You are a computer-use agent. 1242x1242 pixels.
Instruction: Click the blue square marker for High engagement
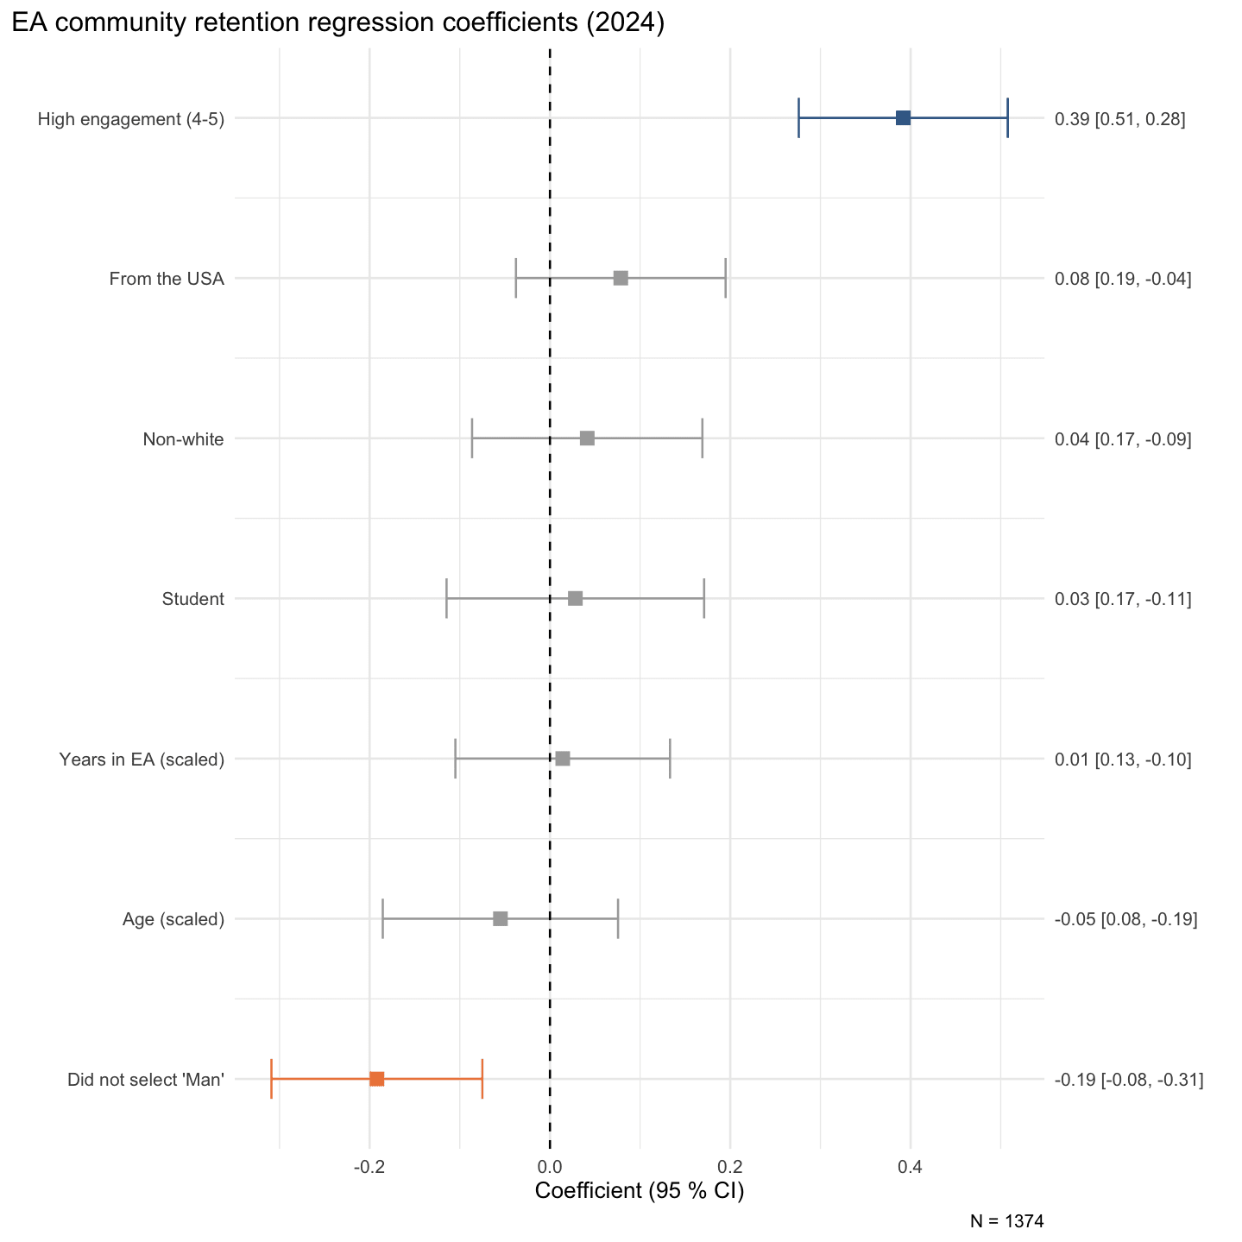coord(903,118)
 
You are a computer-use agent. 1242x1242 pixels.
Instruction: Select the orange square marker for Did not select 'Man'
coord(377,1079)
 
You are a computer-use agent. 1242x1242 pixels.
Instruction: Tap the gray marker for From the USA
coord(621,278)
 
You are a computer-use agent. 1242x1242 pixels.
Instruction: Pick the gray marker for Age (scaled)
coord(501,918)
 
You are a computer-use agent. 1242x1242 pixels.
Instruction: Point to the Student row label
coord(192,599)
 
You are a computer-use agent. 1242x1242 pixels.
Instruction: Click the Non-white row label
coord(183,439)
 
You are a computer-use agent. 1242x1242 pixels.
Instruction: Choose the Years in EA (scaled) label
coord(142,760)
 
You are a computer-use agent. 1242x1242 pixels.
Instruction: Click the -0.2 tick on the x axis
coord(369,1167)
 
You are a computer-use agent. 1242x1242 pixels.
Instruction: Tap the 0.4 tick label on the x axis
coord(910,1167)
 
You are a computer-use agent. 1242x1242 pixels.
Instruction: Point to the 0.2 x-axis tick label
coord(730,1167)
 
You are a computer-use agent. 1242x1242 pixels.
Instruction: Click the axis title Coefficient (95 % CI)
coord(640,1191)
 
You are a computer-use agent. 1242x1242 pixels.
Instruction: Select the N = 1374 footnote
coord(1006,1221)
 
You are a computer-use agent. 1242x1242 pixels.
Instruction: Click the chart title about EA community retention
coord(337,22)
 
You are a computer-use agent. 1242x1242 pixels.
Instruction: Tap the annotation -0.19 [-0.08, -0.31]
coord(1129,1080)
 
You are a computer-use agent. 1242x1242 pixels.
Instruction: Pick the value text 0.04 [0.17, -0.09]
coord(1123,439)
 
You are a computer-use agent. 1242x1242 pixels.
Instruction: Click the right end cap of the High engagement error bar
coord(1007,118)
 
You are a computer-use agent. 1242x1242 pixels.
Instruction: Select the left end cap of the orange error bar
coord(272,1079)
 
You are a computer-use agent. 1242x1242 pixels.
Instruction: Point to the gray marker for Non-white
coord(587,438)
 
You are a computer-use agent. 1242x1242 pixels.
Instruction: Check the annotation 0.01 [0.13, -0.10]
coord(1123,760)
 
